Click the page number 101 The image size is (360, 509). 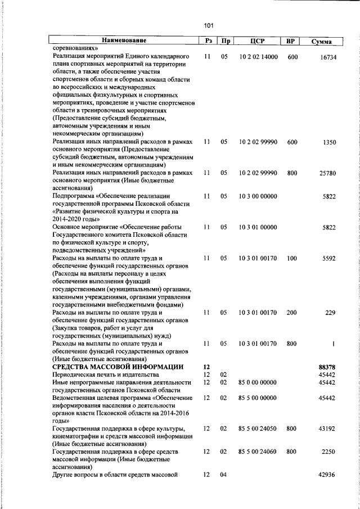[x=209, y=25]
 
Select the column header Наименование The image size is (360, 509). [x=124, y=40]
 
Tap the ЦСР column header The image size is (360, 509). [x=257, y=40]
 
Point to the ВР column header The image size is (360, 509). [x=291, y=40]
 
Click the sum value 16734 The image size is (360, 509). [x=327, y=57]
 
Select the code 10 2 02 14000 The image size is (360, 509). [x=258, y=57]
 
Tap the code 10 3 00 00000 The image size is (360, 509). [x=258, y=196]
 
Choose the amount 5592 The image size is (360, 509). [x=328, y=258]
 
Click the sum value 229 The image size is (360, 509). [x=330, y=313]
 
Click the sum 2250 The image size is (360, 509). [x=328, y=451]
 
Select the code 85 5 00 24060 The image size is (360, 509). [x=258, y=451]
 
